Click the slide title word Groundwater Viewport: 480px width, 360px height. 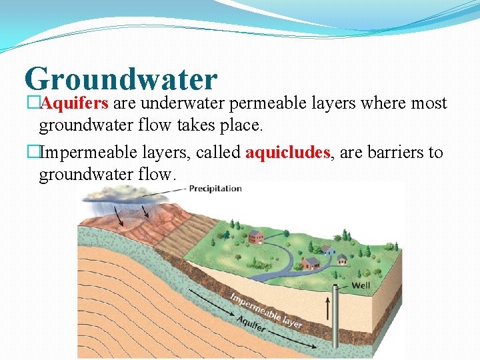pyautogui.click(x=121, y=79)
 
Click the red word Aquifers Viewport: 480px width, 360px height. pyautogui.click(x=75, y=104)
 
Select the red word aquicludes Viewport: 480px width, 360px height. pyautogui.click(x=287, y=153)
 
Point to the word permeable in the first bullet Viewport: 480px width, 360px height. pyautogui.click(x=265, y=104)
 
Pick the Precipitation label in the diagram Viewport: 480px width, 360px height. pyautogui.click(x=215, y=189)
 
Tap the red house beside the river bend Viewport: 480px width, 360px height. pyautogui.click(x=255, y=237)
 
